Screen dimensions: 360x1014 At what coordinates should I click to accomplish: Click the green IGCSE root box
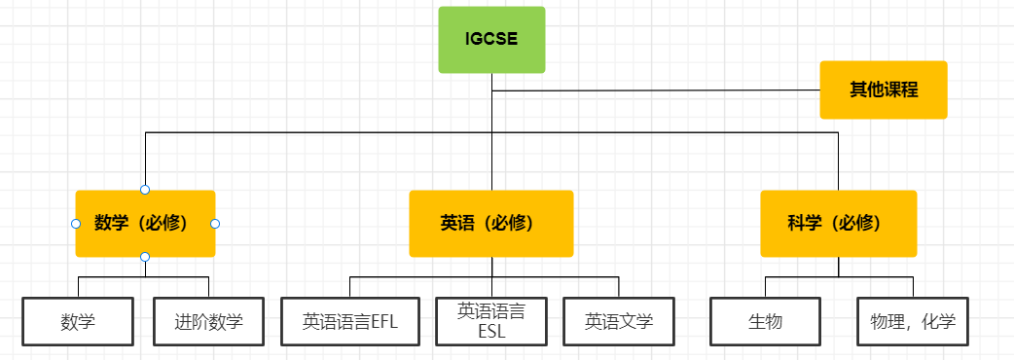pos(491,40)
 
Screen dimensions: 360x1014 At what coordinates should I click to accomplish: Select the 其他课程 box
pos(883,90)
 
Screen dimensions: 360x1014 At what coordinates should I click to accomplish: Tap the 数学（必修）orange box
pos(145,223)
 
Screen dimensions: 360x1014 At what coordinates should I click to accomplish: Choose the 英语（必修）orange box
pos(490,223)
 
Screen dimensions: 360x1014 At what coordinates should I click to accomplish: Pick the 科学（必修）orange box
pos(838,223)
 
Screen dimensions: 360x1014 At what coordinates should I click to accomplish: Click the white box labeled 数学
pos(78,321)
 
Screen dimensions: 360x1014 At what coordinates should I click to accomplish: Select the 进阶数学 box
pos(208,321)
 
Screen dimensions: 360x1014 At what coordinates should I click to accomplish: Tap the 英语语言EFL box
pos(349,321)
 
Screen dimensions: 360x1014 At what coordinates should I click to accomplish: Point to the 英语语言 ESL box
pos(491,321)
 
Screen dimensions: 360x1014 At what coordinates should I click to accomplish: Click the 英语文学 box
pos(619,321)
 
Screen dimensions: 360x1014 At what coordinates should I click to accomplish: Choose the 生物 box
pos(766,321)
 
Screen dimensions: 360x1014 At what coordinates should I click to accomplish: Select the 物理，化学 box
pos(913,321)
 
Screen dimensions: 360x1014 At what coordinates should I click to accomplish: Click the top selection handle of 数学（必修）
pos(145,189)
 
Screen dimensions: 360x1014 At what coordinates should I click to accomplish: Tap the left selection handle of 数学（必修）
pos(76,223)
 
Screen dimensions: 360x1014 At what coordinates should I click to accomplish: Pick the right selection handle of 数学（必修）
pos(215,223)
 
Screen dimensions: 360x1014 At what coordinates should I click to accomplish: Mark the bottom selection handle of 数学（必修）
pos(145,257)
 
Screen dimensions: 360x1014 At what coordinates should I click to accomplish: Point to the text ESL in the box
pos(491,331)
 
